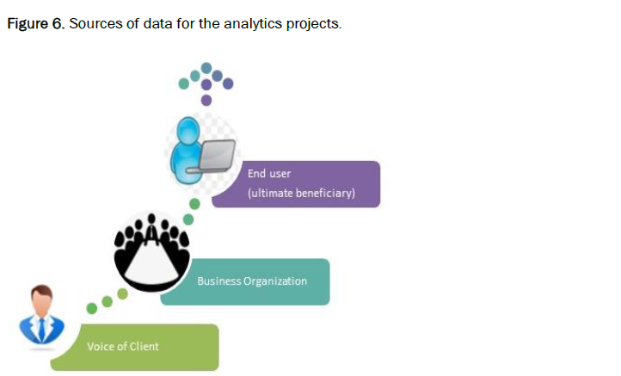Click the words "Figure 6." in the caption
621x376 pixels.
34,23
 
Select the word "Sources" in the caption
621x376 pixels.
97,23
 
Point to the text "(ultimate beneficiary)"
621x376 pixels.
301,194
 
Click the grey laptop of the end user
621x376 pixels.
217,154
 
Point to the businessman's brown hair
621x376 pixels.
42,293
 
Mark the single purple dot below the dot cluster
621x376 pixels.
206,100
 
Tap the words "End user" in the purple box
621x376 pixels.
269,174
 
